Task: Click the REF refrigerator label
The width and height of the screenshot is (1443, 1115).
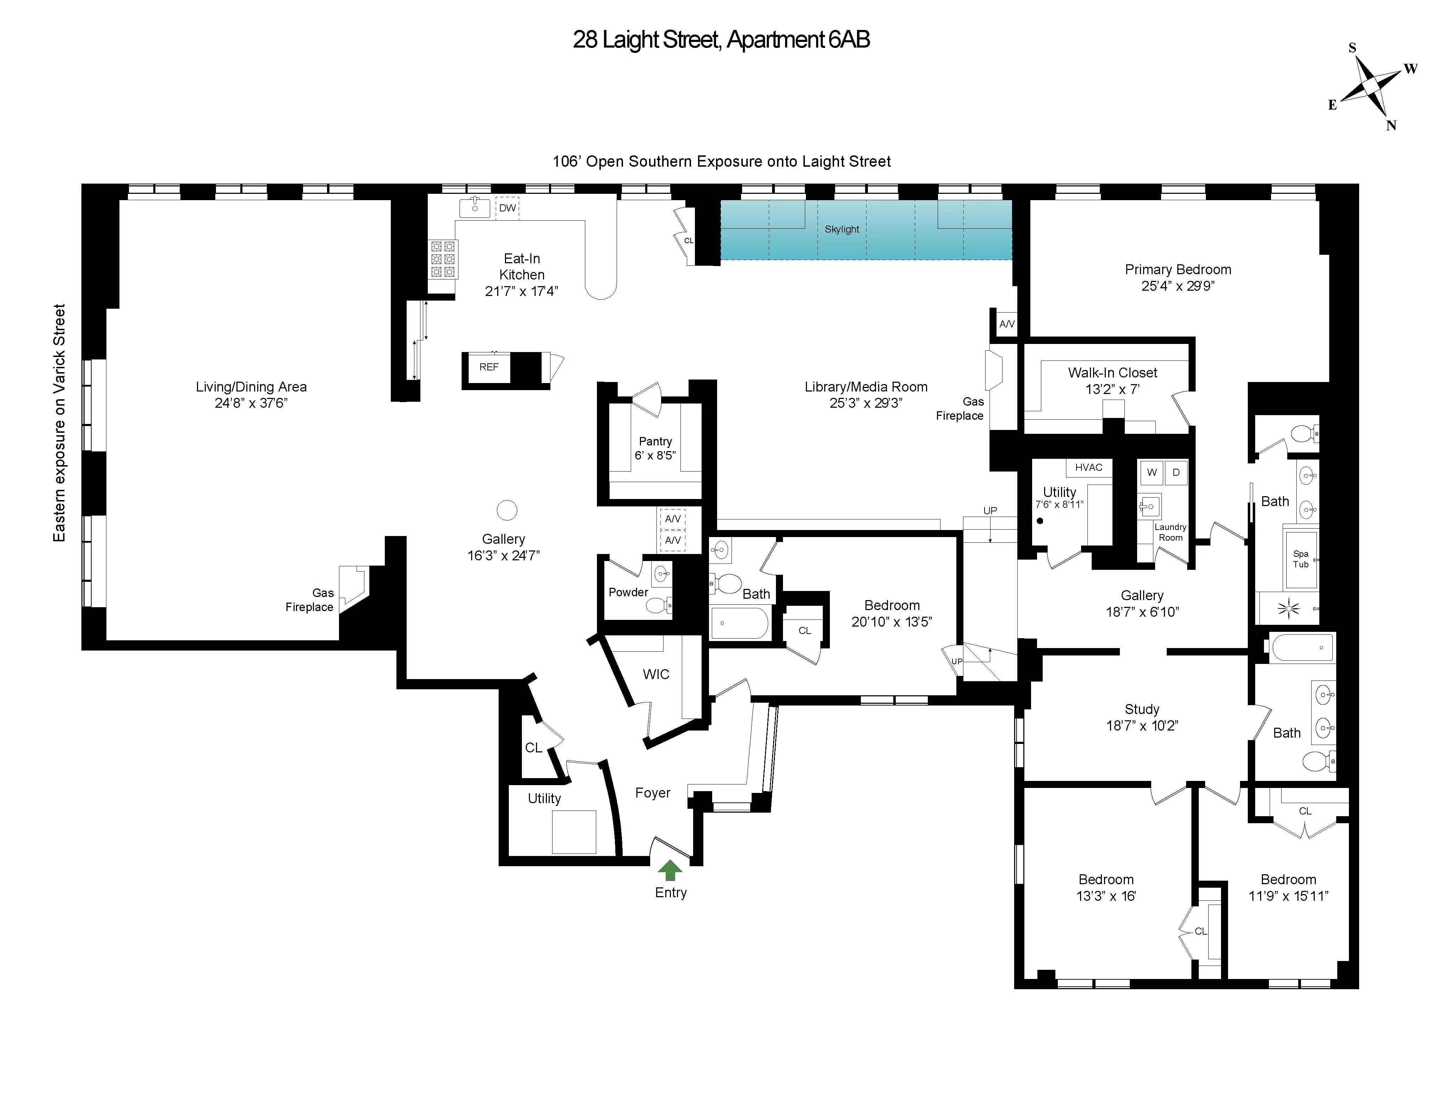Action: (x=489, y=368)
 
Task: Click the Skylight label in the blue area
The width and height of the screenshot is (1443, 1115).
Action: (x=842, y=229)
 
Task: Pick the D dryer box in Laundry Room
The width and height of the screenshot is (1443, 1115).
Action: (x=1176, y=473)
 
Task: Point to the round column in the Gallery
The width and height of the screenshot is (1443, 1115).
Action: (x=507, y=510)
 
